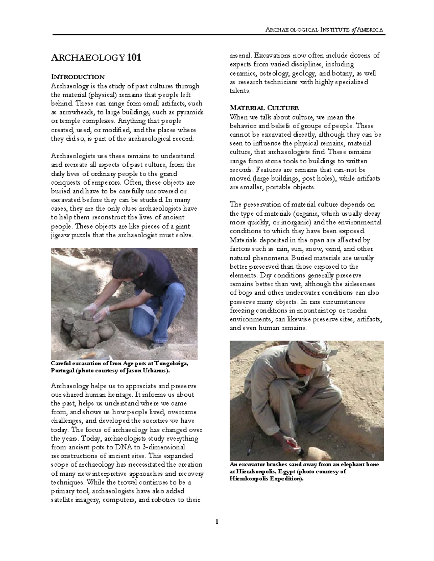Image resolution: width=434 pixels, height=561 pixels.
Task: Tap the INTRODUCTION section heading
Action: (78, 77)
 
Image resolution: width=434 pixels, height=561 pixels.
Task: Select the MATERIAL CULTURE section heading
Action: (264, 108)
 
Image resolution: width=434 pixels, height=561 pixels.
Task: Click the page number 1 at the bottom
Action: (217, 521)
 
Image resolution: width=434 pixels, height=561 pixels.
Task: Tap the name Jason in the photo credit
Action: (137, 371)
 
